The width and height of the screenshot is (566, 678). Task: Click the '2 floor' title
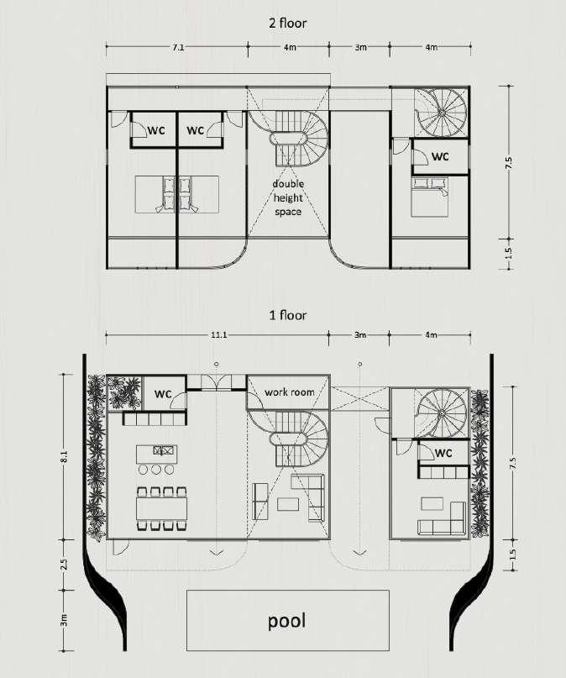(288, 23)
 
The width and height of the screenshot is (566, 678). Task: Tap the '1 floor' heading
(288, 315)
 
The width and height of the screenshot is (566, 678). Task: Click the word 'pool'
(287, 621)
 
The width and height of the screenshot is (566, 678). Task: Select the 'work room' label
(289, 392)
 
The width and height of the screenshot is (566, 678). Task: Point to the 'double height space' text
(288, 197)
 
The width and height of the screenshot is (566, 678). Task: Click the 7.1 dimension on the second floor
(178, 48)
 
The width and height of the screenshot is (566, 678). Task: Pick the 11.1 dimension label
(219, 334)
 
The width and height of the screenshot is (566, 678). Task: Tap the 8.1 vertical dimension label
(65, 456)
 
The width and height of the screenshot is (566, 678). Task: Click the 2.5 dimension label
(65, 565)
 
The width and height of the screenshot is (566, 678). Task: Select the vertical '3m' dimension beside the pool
(65, 620)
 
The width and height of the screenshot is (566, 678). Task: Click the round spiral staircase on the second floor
(442, 113)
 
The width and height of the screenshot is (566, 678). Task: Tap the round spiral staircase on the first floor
(442, 414)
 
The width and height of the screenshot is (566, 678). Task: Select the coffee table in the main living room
(288, 504)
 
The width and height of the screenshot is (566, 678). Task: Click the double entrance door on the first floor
(217, 382)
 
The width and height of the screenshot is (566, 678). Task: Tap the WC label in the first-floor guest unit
(443, 452)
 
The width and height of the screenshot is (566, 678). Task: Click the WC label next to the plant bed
(163, 394)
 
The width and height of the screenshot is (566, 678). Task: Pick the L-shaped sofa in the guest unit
(442, 519)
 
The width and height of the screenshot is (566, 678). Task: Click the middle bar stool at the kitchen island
(156, 470)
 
